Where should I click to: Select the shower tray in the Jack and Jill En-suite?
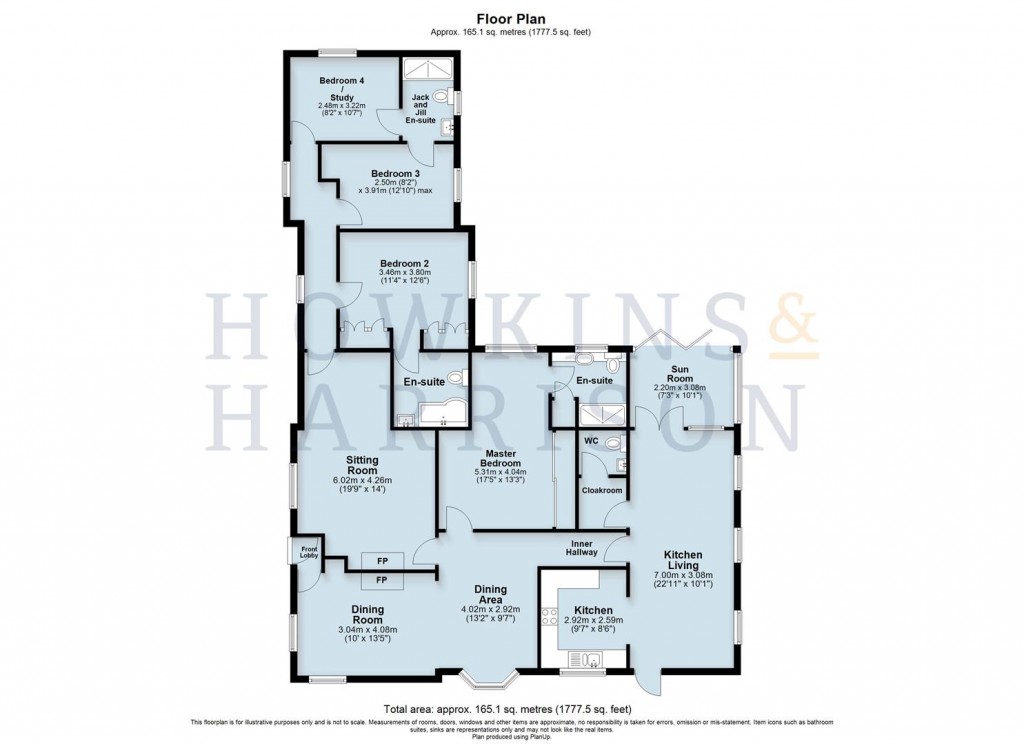tap(427, 68)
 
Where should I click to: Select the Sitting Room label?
tap(361, 464)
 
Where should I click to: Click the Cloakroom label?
tap(602, 491)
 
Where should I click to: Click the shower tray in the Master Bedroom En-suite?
tap(603, 414)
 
